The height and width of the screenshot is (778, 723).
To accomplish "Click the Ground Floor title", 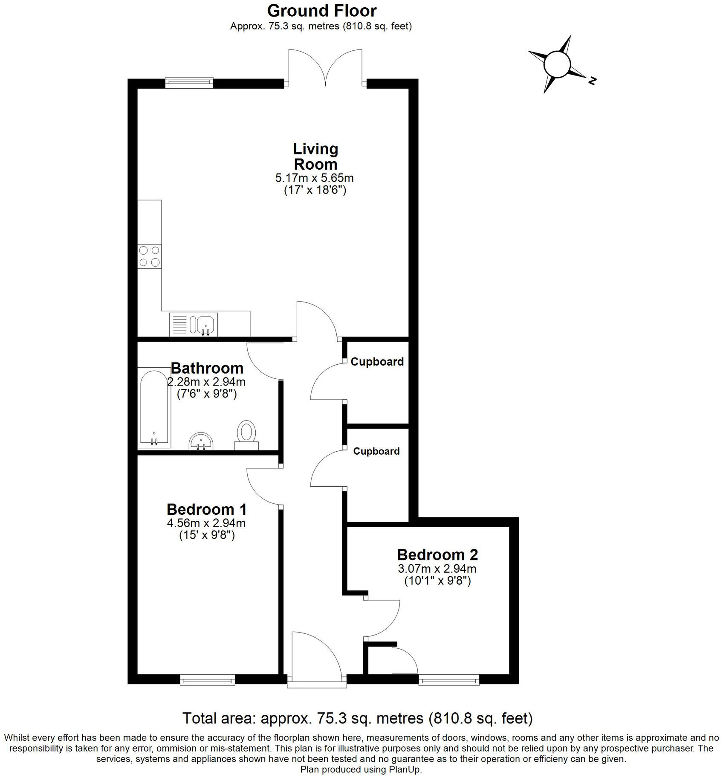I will click(x=322, y=11).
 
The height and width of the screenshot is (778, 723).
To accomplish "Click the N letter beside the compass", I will click(x=591, y=80).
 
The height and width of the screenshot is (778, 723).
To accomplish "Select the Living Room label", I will click(x=315, y=156).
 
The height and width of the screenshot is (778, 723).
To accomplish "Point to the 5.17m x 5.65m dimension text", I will click(x=315, y=177).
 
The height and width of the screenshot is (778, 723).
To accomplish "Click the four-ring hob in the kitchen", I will click(x=149, y=256).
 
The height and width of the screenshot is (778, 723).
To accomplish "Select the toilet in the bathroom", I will click(x=246, y=434).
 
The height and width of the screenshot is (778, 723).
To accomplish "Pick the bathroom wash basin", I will click(x=201, y=441).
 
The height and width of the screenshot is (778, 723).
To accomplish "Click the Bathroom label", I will click(x=207, y=368).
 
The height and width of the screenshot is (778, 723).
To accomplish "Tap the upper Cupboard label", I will click(x=377, y=362).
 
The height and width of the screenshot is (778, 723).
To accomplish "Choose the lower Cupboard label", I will click(x=376, y=451).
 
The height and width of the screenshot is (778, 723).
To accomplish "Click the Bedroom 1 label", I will click(x=207, y=509).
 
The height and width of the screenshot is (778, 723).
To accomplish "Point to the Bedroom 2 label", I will click(x=437, y=555).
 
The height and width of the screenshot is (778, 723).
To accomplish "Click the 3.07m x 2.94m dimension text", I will click(x=437, y=569).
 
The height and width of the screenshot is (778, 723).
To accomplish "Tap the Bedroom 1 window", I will click(x=208, y=679).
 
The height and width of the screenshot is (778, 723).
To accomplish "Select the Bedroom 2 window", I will click(x=449, y=679).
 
